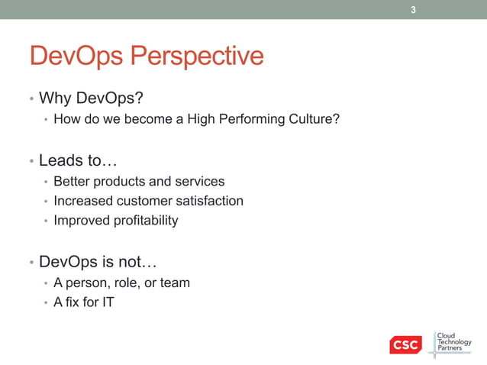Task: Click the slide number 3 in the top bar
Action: [x=413, y=10]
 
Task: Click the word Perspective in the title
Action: [x=198, y=56]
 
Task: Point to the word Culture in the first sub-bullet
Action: [x=313, y=119]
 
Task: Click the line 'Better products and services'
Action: [x=139, y=182]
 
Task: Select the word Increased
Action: [x=82, y=201]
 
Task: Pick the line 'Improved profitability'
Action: [x=115, y=221]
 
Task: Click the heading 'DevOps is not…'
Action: [x=98, y=262]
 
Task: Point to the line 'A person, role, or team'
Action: [x=121, y=283]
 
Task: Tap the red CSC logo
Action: [x=405, y=345]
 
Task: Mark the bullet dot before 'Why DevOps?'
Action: [x=31, y=99]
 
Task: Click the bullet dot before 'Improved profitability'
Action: [x=46, y=221]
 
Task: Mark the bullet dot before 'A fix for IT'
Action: [x=46, y=303]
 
